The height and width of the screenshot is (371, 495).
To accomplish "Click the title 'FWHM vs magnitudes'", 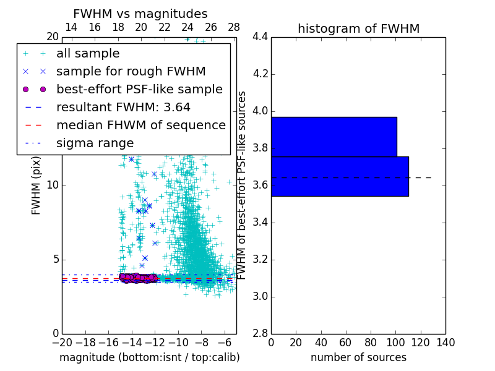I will pyautogui.click(x=140, y=14).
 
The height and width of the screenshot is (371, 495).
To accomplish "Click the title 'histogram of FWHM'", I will pyautogui.click(x=358, y=28).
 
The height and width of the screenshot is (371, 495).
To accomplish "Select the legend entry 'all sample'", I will pyautogui.click(x=88, y=54).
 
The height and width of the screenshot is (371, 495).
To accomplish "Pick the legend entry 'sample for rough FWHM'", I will pyautogui.click(x=131, y=71).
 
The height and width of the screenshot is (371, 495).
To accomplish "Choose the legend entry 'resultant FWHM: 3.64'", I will pyautogui.click(x=123, y=107).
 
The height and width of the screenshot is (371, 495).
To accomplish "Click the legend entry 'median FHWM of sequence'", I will pyautogui.click(x=141, y=125).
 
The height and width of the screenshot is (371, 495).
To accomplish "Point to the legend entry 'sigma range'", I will pyautogui.click(x=95, y=143).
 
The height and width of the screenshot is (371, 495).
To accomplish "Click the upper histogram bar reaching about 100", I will pyautogui.click(x=334, y=137).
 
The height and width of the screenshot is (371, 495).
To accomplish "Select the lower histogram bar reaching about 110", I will pyautogui.click(x=340, y=176).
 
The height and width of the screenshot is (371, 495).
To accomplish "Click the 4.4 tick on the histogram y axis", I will pyautogui.click(x=260, y=37).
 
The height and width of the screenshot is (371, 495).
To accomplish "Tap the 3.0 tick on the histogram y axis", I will pyautogui.click(x=260, y=296).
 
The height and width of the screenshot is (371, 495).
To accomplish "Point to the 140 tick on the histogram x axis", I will pyautogui.click(x=445, y=341).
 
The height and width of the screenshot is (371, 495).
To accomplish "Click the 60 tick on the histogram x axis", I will pyautogui.click(x=346, y=341).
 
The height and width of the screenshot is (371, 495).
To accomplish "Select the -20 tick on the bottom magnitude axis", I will pyautogui.click(x=62, y=341).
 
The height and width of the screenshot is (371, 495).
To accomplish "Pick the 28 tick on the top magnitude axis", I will pyautogui.click(x=234, y=27).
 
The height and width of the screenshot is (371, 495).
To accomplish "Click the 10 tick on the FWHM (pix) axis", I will pyautogui.click(x=52, y=185).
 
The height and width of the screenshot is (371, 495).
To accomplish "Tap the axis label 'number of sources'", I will pyautogui.click(x=358, y=357).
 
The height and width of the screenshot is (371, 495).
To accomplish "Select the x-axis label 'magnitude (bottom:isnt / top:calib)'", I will pyautogui.click(x=149, y=357).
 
